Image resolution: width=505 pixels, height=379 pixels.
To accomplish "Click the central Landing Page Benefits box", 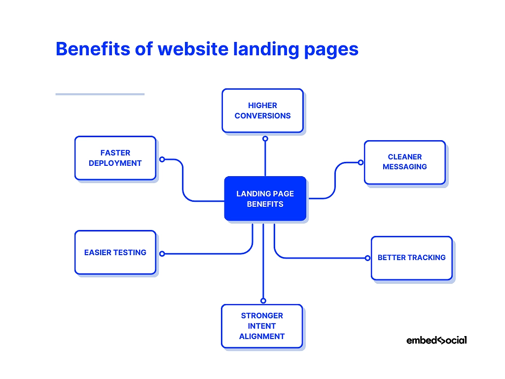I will point(265,198).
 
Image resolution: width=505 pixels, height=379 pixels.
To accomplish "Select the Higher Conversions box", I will point(262,111).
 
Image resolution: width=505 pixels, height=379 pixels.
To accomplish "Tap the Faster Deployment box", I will point(115,158).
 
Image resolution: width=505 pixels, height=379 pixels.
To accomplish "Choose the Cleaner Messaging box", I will point(404,162).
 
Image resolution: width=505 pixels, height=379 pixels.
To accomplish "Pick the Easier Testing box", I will point(115,252).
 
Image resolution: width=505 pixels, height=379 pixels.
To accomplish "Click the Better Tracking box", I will point(411,258).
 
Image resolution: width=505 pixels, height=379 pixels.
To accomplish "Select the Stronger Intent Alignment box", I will point(262,326).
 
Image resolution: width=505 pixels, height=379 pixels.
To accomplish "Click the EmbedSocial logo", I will point(436,340).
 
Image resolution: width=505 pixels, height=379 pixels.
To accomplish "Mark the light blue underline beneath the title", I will point(100,94).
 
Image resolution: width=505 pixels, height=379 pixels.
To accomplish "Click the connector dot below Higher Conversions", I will point(265,139).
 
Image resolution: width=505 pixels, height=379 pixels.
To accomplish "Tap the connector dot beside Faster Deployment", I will point(162,159).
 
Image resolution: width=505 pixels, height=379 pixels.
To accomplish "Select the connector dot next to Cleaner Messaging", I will point(361,162).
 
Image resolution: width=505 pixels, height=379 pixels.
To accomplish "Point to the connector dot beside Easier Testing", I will point(162,254).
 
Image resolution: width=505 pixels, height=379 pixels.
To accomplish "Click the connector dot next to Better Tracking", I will point(367,258).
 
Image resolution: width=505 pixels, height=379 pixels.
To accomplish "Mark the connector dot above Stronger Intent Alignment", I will point(263,301).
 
